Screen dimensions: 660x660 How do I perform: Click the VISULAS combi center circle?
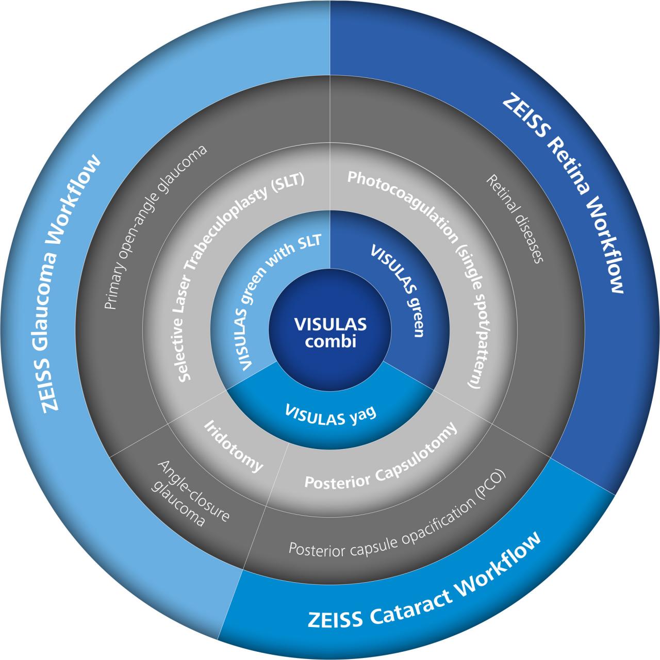(x=330, y=332)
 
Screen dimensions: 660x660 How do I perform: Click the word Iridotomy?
(x=233, y=447)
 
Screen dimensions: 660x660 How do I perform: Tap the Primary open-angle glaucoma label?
(x=154, y=227)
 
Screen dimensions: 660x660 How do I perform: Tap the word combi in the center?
(x=330, y=341)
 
